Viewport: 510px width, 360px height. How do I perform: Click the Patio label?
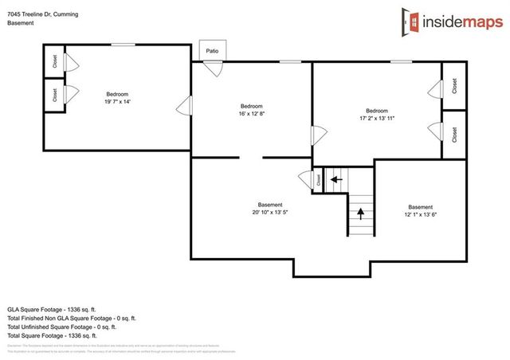212,50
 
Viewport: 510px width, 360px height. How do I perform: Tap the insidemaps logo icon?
411,21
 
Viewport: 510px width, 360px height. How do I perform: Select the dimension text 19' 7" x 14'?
116,102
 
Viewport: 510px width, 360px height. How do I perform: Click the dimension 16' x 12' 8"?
251,114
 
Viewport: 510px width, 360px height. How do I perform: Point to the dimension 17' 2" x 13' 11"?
377,118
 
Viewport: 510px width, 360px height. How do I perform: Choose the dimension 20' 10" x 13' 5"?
270,212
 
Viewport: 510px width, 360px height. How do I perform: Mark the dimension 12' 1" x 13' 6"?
420,214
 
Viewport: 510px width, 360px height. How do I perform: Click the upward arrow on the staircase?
361,213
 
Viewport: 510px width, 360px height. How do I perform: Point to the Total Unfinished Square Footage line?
62,327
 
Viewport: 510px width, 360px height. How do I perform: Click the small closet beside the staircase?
318,179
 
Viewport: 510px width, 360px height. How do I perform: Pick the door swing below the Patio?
213,67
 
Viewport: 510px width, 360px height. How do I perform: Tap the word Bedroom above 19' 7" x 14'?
116,94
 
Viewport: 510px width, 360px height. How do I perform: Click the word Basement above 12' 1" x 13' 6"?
420,207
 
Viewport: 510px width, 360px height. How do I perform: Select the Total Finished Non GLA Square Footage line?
72,317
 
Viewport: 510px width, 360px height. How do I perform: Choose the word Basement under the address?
22,23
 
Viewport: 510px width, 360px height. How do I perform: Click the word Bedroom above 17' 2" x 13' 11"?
377,110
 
